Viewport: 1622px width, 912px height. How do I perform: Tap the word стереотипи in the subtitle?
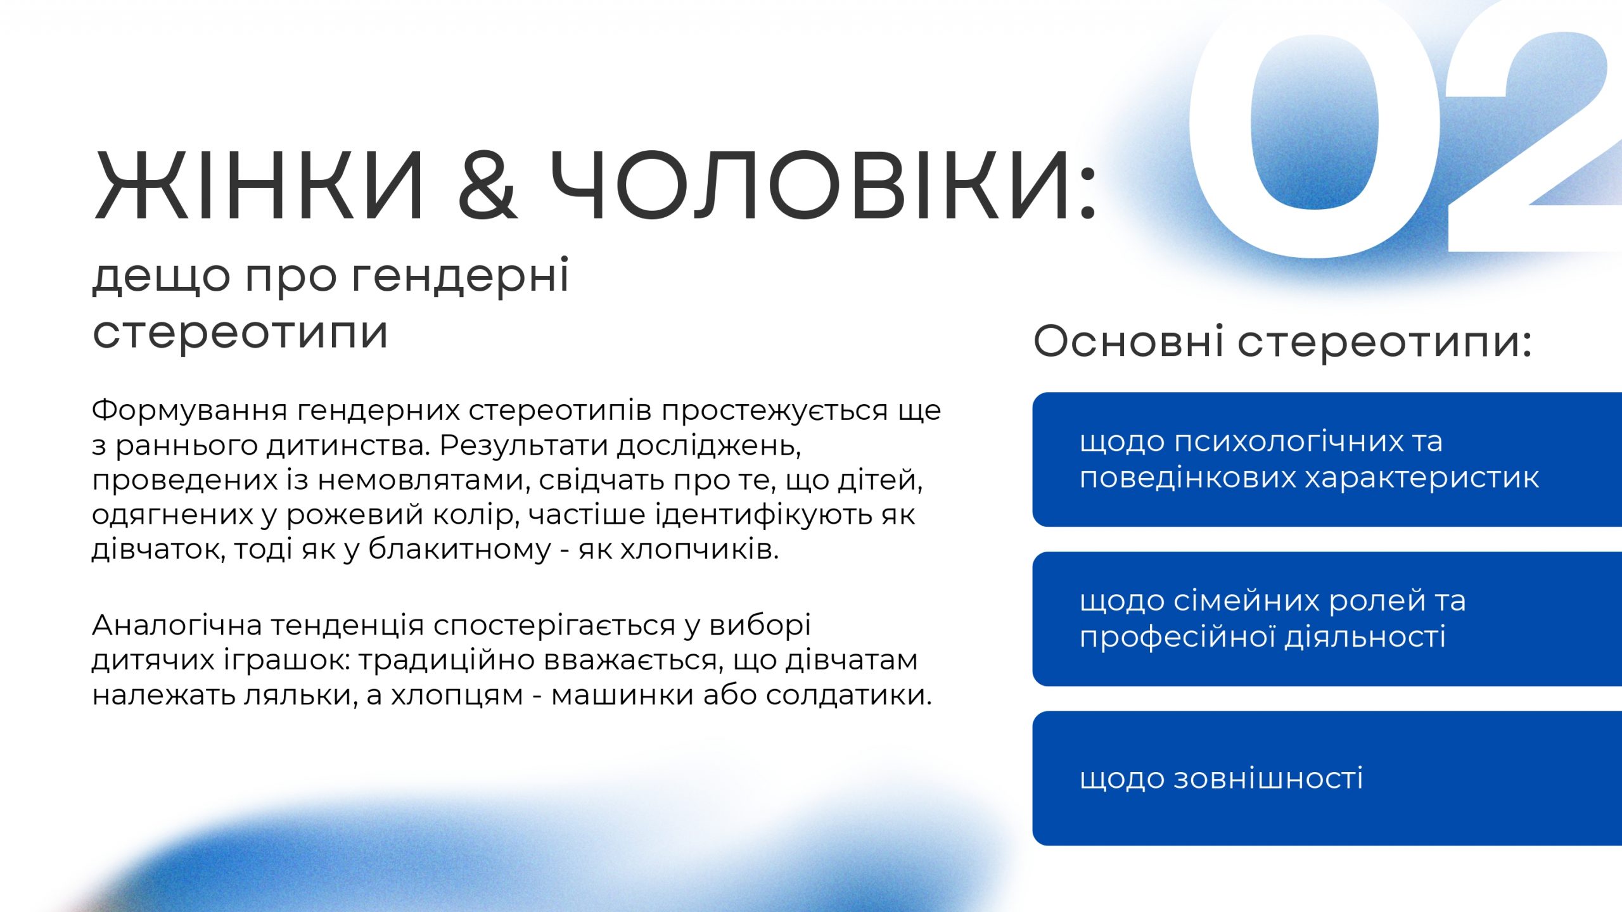240,333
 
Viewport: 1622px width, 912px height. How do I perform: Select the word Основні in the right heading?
1128,341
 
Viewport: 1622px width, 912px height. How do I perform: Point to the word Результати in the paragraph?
525,446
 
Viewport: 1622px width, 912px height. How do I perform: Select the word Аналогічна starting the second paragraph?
177,626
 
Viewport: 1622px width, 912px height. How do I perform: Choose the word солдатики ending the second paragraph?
849,695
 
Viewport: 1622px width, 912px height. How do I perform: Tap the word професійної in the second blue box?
1178,637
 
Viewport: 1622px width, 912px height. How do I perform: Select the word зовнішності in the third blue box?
1268,778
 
